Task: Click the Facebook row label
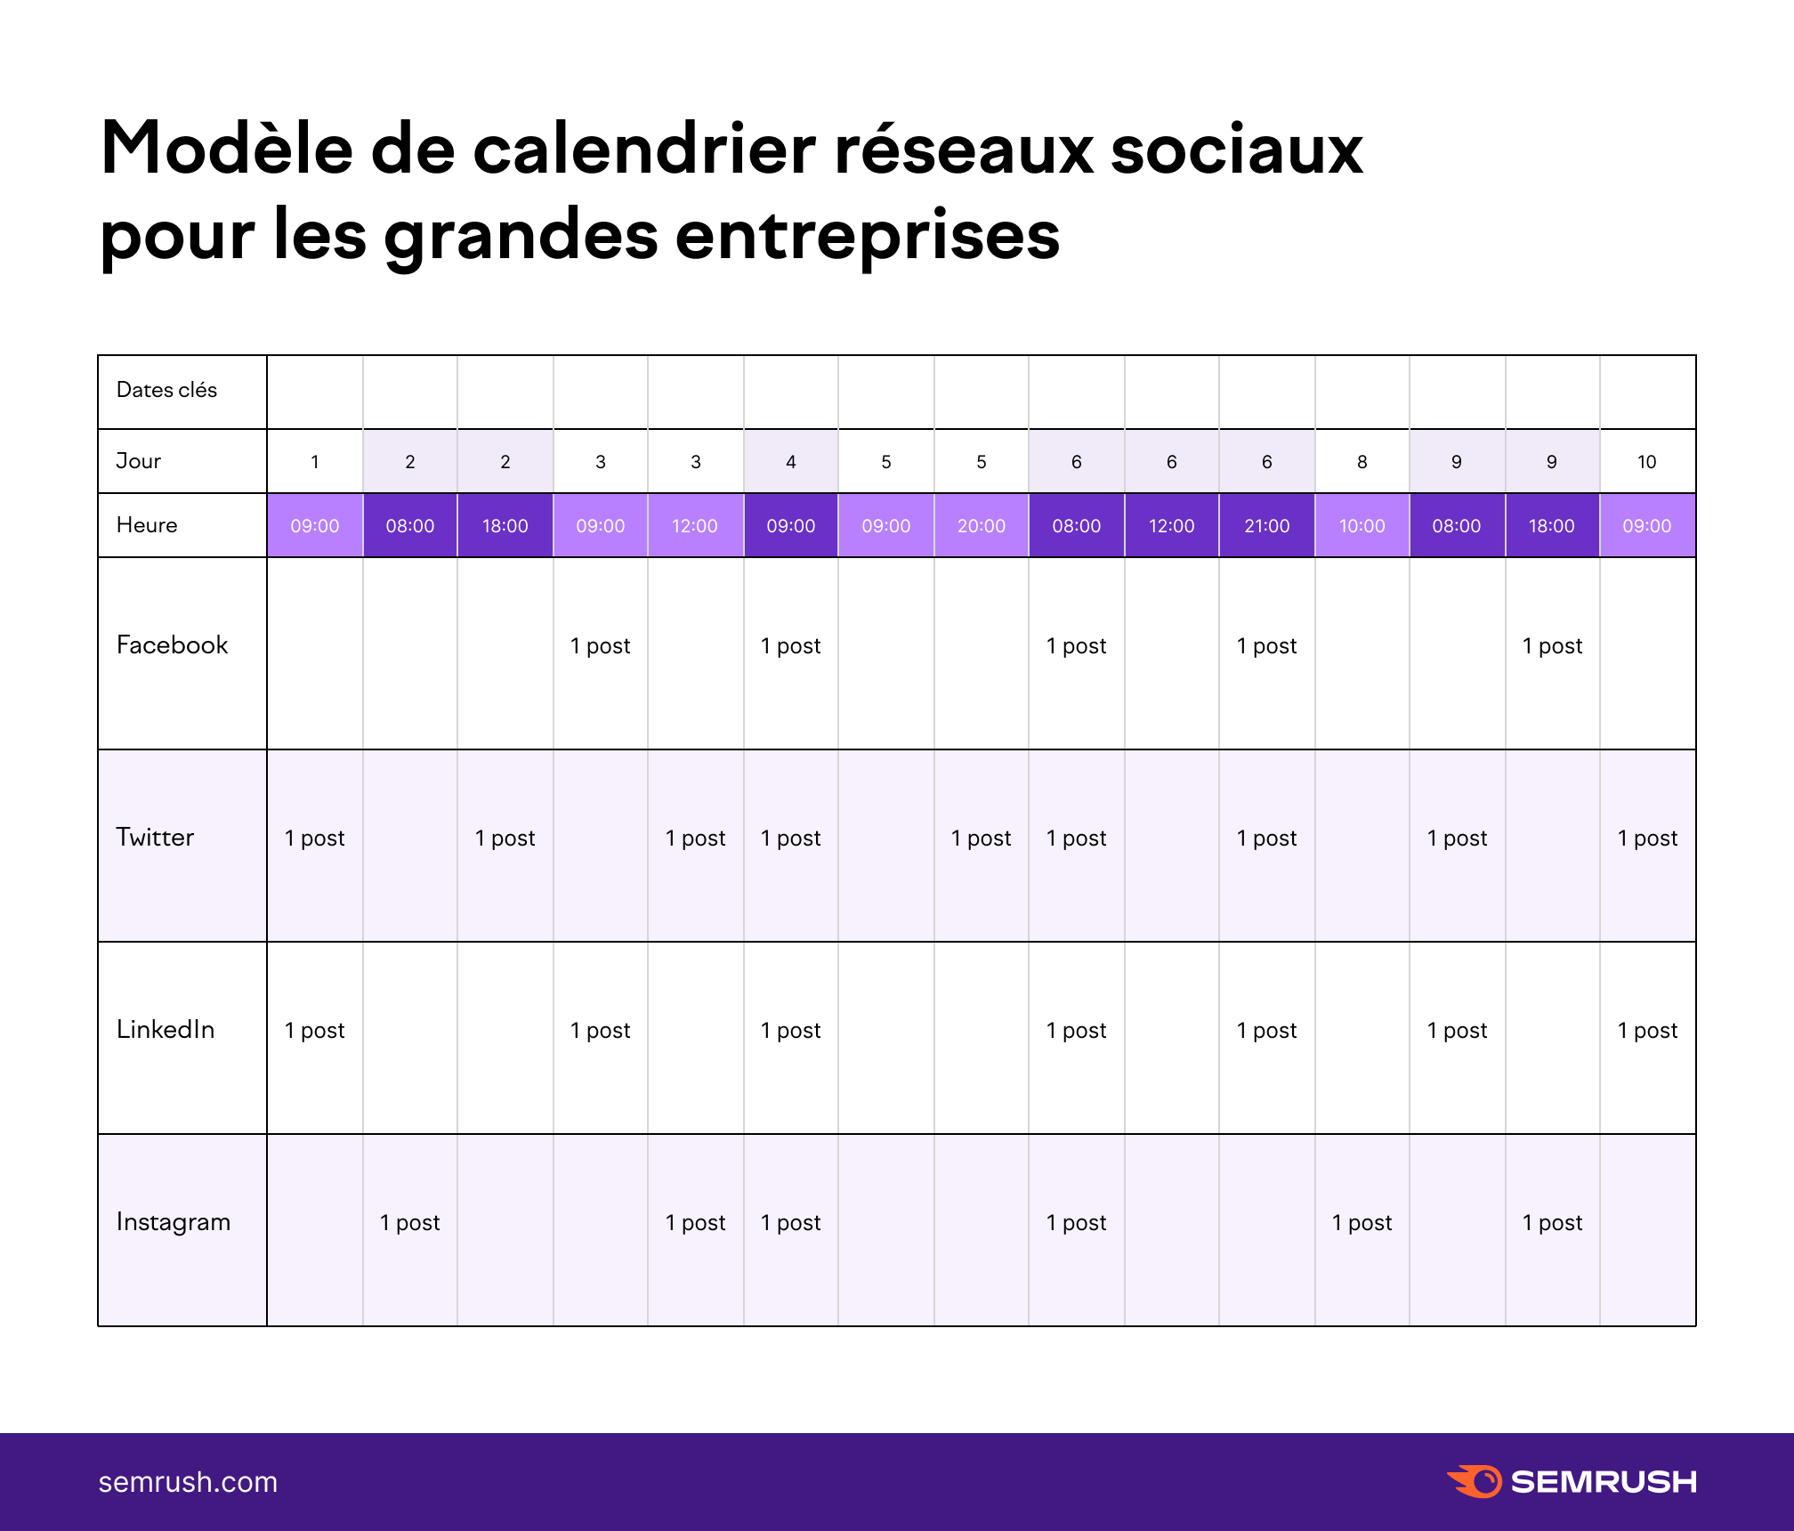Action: point(172,645)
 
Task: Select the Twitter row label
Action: point(155,838)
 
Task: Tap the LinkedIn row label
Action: point(166,1030)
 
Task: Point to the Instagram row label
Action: point(174,1222)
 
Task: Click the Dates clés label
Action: point(166,390)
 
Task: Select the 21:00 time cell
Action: point(1266,526)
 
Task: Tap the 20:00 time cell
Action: point(981,526)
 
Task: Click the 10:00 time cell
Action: point(1362,526)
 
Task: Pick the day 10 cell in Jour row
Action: point(1646,462)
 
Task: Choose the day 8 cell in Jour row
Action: point(1362,462)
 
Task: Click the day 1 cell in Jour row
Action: point(314,462)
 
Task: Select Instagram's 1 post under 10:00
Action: point(1362,1223)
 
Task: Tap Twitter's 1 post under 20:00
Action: point(981,838)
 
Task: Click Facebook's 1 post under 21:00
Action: point(1266,646)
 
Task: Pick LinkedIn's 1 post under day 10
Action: point(1646,1031)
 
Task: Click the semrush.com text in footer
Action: point(188,1482)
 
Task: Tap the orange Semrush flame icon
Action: point(1475,1481)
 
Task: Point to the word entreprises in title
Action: point(867,236)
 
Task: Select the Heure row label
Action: point(147,525)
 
